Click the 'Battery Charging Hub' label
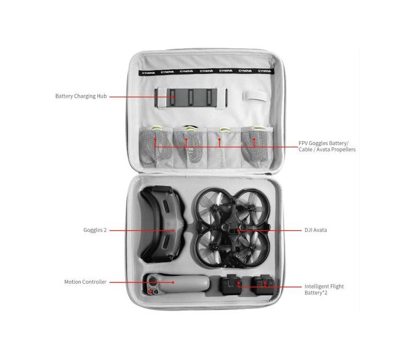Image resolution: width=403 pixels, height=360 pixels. pyautogui.click(x=81, y=96)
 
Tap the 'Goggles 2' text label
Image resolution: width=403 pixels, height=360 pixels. pyautogui.click(x=95, y=230)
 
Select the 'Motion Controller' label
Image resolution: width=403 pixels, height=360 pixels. pyautogui.click(x=85, y=282)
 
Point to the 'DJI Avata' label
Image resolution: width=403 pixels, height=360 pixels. pyautogui.click(x=315, y=230)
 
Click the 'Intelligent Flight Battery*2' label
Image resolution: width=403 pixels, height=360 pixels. pyautogui.click(x=324, y=289)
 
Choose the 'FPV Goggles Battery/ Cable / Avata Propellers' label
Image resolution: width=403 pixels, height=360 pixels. pyautogui.click(x=327, y=146)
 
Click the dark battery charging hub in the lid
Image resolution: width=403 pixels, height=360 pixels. pyautogui.click(x=191, y=98)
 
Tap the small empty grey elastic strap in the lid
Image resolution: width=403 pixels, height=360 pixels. pyautogui.click(x=256, y=97)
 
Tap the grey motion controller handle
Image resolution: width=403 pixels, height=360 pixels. pyautogui.click(x=176, y=284)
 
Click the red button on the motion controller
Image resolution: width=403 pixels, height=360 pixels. pyautogui.click(x=150, y=292)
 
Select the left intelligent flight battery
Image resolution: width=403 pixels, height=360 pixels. pyautogui.click(x=231, y=284)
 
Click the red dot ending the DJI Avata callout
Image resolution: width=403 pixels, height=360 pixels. pyautogui.click(x=238, y=230)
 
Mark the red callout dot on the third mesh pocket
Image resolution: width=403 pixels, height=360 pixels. pyautogui.click(x=220, y=139)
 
